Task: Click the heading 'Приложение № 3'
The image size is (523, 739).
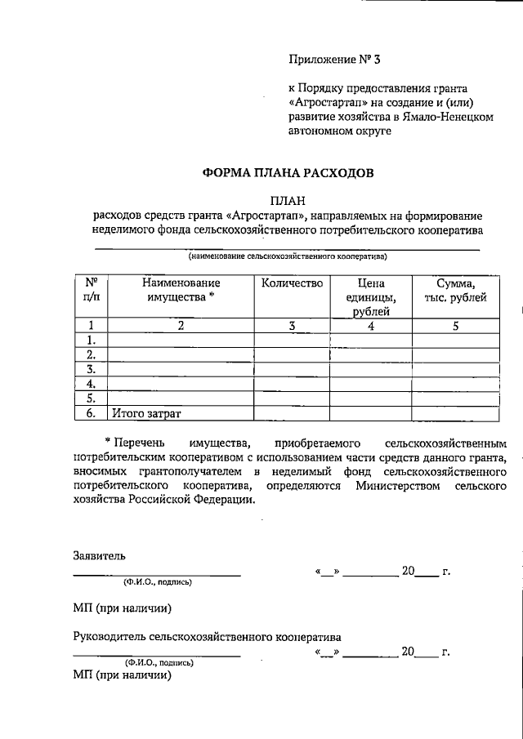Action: tap(335, 59)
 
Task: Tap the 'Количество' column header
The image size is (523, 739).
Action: tap(293, 283)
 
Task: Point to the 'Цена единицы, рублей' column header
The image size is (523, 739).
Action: tap(370, 296)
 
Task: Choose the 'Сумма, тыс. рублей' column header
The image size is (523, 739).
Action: tap(455, 290)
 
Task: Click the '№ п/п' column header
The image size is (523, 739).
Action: tap(92, 290)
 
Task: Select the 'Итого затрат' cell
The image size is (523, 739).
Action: tap(147, 414)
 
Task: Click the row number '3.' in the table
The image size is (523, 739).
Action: tap(92, 369)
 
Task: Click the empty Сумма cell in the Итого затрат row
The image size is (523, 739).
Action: tap(455, 414)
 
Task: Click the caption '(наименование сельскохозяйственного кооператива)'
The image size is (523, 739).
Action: tap(287, 256)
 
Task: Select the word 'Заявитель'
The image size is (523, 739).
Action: tap(99, 555)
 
